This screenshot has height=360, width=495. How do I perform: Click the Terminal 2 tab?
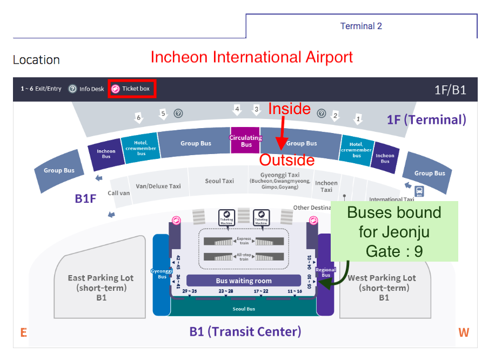(361, 26)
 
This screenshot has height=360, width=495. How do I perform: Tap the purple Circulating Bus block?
(246, 141)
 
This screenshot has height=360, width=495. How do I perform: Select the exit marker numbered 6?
(139, 117)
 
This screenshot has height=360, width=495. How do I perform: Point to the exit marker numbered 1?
(357, 118)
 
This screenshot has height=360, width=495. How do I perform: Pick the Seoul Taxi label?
(219, 181)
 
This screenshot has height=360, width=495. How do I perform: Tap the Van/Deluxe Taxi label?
(158, 186)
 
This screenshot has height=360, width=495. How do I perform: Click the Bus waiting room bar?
(243, 281)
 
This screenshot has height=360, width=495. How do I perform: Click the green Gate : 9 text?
(394, 251)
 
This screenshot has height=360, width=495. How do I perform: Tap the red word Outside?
(287, 160)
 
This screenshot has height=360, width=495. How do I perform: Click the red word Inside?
(290, 109)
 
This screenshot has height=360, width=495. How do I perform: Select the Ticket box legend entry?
(132, 89)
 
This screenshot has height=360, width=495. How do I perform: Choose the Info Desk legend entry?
(86, 89)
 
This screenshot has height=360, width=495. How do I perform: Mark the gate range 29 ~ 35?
(190, 291)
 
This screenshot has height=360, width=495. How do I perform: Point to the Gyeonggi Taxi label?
(279, 176)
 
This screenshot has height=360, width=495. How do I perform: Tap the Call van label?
(119, 193)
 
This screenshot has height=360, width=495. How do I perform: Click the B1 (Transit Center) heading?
(245, 331)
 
